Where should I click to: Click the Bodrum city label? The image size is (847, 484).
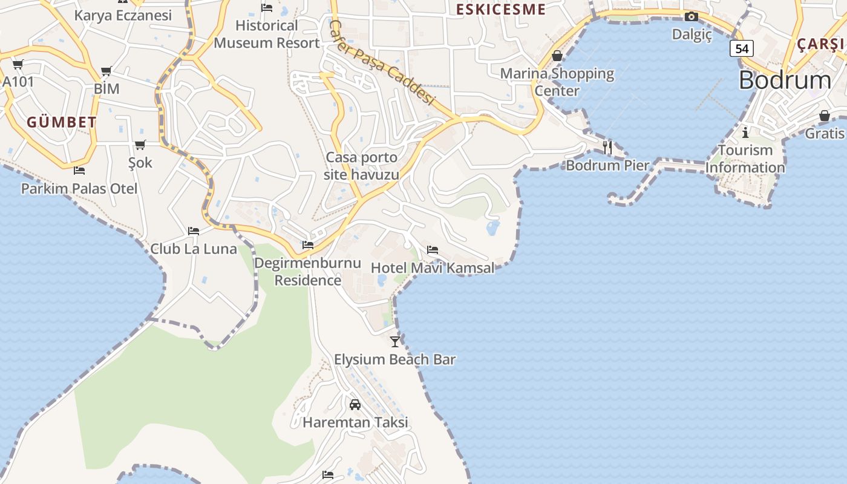785,80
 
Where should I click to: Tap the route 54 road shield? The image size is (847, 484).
741,48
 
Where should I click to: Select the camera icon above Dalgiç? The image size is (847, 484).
692,17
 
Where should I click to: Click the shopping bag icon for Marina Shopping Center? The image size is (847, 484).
557,56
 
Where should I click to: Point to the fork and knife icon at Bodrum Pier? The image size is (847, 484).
607,147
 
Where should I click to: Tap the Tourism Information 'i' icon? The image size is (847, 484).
745,132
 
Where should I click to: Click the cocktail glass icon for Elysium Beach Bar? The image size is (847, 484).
395,341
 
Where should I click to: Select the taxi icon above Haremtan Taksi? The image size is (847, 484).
355,404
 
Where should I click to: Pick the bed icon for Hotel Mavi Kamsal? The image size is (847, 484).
433,249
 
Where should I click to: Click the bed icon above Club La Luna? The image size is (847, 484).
194,231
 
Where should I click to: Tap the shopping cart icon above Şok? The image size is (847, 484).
140,145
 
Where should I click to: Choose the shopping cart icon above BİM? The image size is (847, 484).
106,71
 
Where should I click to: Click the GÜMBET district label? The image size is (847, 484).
61,122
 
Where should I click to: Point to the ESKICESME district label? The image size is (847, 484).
500,10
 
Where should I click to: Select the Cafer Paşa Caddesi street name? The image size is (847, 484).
382,62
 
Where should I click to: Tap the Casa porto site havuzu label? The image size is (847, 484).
362,166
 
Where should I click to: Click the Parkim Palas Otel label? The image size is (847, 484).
79,189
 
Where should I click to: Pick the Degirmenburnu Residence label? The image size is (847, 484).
307,272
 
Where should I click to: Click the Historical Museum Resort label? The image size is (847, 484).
267,34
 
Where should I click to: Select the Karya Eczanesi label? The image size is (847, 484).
123,15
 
